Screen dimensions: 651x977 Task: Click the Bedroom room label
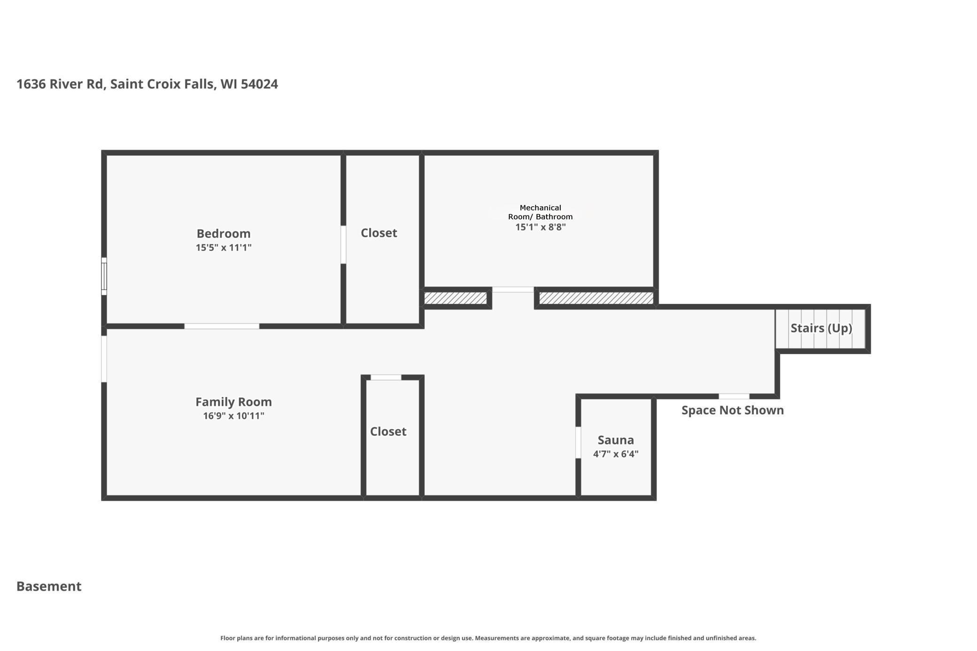pyautogui.click(x=223, y=233)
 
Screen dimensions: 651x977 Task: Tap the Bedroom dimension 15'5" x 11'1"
pyautogui.click(x=224, y=248)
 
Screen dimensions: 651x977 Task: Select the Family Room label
pyautogui.click(x=233, y=402)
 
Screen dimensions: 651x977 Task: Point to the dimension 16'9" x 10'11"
pyautogui.click(x=233, y=416)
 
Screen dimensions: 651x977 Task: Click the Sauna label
pyautogui.click(x=615, y=440)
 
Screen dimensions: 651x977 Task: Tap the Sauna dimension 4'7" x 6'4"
pyautogui.click(x=615, y=454)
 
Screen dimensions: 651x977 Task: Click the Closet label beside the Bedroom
pyautogui.click(x=379, y=233)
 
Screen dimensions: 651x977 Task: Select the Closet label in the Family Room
pyautogui.click(x=388, y=432)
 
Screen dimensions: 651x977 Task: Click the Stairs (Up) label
pyautogui.click(x=821, y=328)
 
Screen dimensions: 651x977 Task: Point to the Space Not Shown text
pyautogui.click(x=732, y=411)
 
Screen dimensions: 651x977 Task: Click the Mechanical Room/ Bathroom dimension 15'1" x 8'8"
pyautogui.click(x=540, y=227)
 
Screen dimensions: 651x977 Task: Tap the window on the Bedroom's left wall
pyautogui.click(x=104, y=276)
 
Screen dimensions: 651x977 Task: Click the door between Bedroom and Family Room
pyautogui.click(x=222, y=326)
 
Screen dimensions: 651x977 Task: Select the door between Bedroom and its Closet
pyautogui.click(x=343, y=244)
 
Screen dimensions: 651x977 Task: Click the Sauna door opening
pyautogui.click(x=578, y=442)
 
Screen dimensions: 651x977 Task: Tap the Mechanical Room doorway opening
pyautogui.click(x=512, y=290)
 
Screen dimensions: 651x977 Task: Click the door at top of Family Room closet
pyautogui.click(x=386, y=377)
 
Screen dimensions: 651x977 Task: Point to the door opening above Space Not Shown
pyautogui.click(x=734, y=396)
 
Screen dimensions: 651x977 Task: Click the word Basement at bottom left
pyautogui.click(x=49, y=586)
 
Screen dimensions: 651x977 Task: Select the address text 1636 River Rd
pyautogui.click(x=60, y=84)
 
